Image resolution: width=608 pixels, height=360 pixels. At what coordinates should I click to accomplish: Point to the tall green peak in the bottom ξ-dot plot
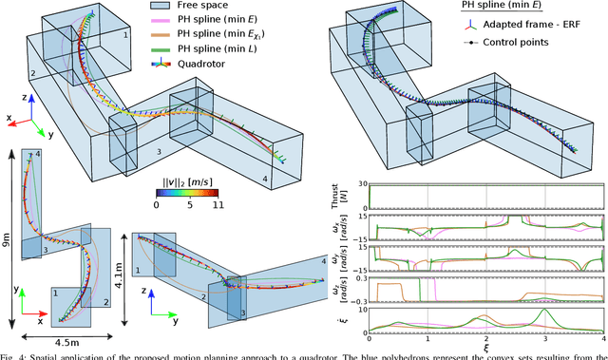[541, 311]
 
